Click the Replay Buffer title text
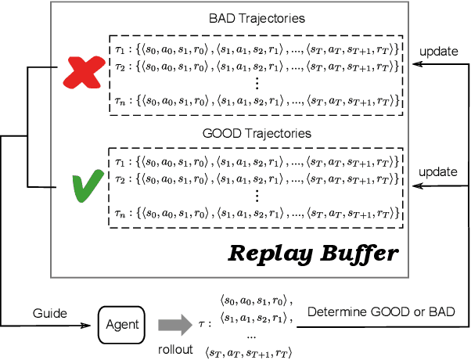pyautogui.click(x=313, y=254)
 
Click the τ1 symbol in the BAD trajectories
pyautogui.click(x=119, y=49)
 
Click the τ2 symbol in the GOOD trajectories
pyautogui.click(x=119, y=178)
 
